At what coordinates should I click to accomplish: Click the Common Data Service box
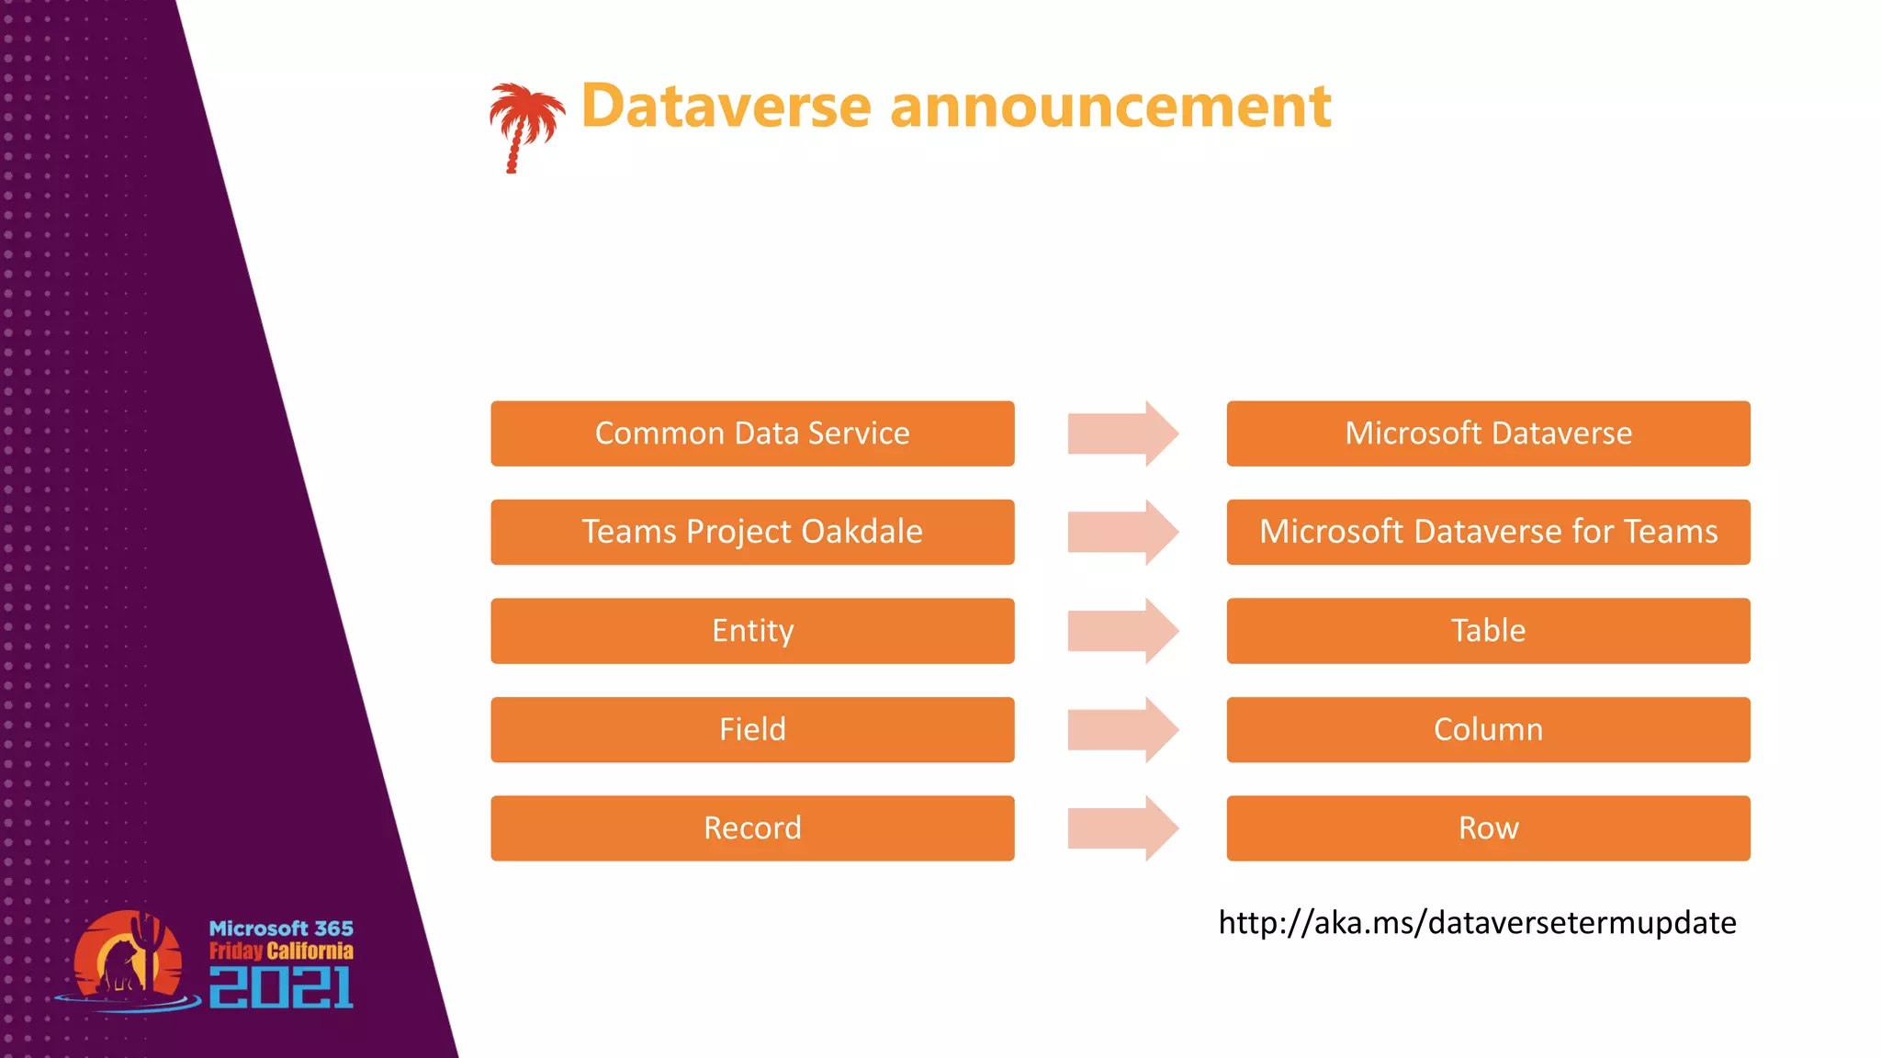coord(752,433)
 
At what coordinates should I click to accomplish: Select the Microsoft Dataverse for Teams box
coord(1488,532)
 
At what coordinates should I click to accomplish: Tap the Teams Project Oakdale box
coord(752,532)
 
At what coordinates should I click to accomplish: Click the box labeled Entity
coord(752,631)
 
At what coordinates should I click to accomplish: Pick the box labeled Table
coord(1488,631)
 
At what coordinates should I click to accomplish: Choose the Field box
coord(752,729)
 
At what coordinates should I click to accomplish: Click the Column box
coord(1488,729)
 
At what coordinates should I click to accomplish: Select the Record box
coord(752,828)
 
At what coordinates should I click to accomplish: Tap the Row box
coord(1488,828)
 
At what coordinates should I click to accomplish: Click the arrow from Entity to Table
coord(1121,631)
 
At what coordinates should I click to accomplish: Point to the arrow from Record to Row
coord(1121,828)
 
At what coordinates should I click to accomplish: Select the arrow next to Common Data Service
coord(1121,433)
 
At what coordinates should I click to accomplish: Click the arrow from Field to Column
coord(1121,729)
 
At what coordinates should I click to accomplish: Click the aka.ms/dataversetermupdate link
coord(1477,922)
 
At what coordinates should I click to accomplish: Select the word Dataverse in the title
coord(726,107)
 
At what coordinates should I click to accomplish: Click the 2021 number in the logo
coord(281,987)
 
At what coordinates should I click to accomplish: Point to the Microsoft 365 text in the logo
coord(281,929)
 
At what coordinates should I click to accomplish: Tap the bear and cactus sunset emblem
coord(129,959)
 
